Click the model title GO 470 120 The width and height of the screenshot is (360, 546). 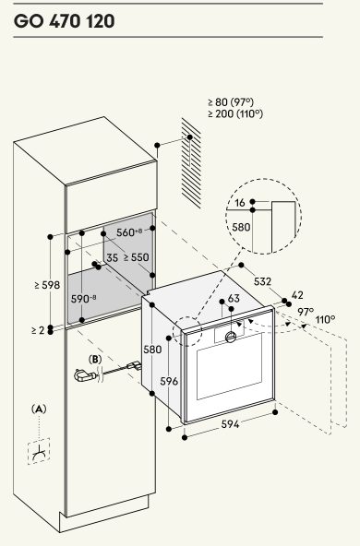64,21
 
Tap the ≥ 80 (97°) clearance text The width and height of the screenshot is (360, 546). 231,102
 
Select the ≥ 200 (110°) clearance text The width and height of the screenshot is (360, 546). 235,113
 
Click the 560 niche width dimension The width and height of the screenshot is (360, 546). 129,232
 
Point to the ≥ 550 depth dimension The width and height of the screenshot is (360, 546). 136,257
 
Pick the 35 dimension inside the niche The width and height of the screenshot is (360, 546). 113,257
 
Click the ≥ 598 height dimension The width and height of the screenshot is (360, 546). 47,285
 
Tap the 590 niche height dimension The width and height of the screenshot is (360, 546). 84,299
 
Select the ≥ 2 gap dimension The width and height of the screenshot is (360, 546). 38,330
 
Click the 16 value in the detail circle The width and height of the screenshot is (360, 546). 240,202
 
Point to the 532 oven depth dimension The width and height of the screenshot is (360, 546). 262,281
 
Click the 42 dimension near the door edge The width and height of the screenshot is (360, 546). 297,295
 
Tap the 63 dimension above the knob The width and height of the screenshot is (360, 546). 234,299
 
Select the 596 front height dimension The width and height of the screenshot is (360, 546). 169,381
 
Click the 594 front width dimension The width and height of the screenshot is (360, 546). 231,424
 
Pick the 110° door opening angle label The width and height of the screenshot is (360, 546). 326,319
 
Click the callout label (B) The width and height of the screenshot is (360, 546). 95,360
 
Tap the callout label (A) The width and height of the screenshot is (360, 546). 39,409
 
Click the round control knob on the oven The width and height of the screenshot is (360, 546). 231,337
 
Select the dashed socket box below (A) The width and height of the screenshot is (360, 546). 39,451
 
